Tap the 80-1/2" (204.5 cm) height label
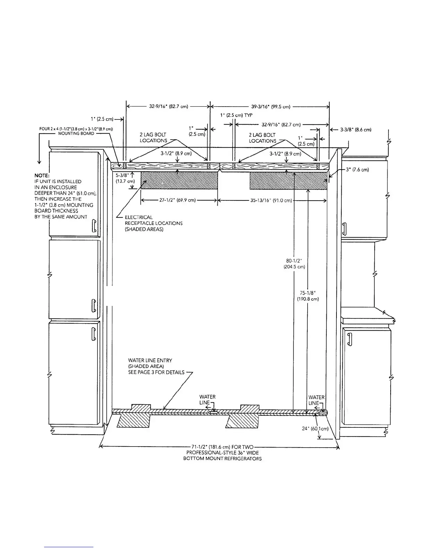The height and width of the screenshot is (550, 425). [x=294, y=264]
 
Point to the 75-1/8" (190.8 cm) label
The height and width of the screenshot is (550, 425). [x=308, y=296]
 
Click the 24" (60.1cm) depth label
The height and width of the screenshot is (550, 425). [x=315, y=428]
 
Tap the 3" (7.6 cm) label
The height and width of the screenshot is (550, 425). [x=357, y=170]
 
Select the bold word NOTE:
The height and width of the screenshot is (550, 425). [x=42, y=175]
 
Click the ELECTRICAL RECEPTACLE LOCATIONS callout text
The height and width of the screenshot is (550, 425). [x=153, y=223]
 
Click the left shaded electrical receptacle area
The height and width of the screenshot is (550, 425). [x=179, y=181]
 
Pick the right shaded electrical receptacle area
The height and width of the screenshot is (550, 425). [x=289, y=181]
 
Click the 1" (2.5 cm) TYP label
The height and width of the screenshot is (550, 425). [x=236, y=115]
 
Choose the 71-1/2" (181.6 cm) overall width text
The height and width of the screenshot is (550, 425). [x=223, y=453]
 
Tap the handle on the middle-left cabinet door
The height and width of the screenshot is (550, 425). [x=93, y=305]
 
